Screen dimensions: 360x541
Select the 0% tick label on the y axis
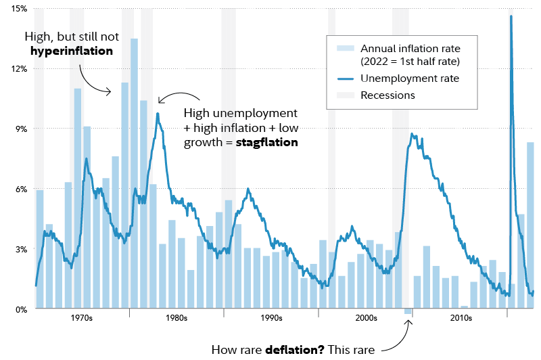(x=20, y=309)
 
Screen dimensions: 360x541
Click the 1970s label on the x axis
(x=81, y=317)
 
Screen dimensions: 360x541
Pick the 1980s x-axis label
(x=176, y=317)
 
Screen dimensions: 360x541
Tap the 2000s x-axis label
(x=365, y=317)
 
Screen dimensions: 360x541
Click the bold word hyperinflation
(x=71, y=51)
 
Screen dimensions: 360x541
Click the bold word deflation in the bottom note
(x=293, y=350)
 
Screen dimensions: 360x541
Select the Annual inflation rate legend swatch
(x=344, y=49)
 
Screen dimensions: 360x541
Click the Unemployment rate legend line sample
(x=344, y=79)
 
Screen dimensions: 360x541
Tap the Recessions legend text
(x=387, y=95)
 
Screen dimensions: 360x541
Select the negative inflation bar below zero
(x=408, y=311)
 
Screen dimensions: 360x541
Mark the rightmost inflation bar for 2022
(x=531, y=223)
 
